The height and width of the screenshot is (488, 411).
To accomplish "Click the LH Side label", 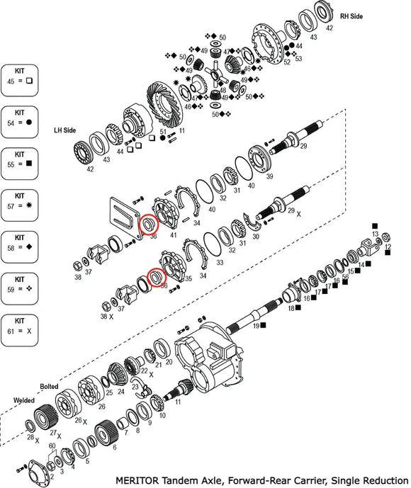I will click(x=66, y=131).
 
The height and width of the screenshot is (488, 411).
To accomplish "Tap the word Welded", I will click(x=23, y=399).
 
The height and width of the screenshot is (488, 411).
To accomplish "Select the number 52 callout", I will click(x=287, y=62).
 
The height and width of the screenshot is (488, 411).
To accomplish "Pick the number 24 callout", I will click(x=120, y=391).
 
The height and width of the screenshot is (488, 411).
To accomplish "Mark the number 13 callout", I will click(x=376, y=233).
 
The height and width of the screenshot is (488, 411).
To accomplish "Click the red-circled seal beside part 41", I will click(x=149, y=225).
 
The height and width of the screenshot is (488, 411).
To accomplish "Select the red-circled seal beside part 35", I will click(x=156, y=277).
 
